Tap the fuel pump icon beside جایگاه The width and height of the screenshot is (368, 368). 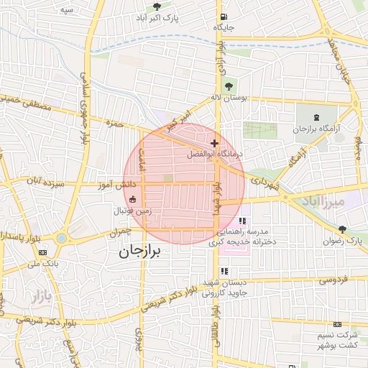tap(225, 17)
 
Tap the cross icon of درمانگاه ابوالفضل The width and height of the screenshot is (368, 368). tap(214, 144)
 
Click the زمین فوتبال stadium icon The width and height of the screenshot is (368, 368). tap(132, 199)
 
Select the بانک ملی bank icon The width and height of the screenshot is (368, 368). tap(43, 253)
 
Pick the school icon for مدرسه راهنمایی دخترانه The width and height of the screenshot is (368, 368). tap(241, 219)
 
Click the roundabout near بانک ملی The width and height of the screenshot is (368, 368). tap(61, 238)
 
